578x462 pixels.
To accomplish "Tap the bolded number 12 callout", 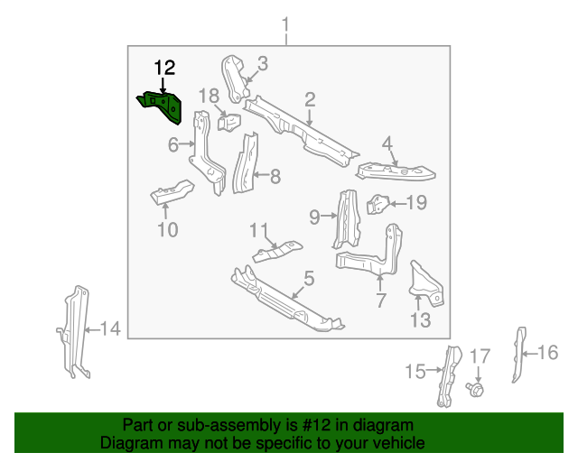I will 164,68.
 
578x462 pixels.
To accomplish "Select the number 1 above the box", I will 286,23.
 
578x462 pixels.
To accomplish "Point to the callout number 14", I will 109,329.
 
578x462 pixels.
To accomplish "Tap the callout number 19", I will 415,203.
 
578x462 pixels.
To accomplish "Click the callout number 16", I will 548,352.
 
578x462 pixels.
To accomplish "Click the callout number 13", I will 421,319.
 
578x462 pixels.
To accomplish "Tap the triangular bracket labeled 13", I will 426,281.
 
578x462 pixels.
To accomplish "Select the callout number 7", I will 380,299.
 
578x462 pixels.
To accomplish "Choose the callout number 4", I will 387,143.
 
